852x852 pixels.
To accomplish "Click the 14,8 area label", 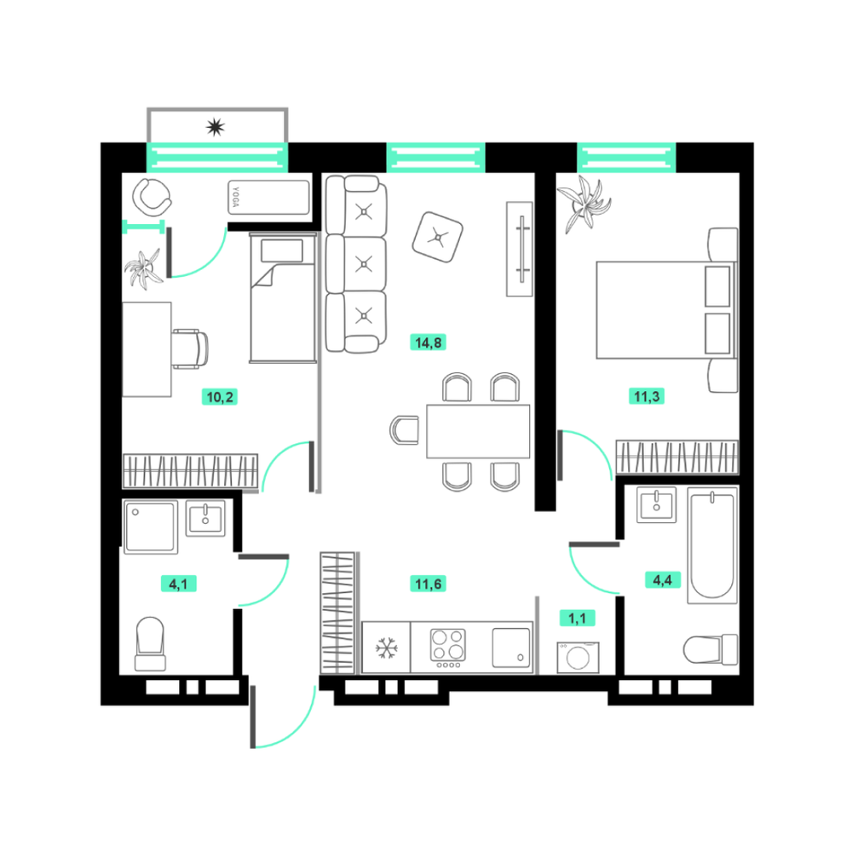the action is click(429, 343).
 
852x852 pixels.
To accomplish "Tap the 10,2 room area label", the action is click(220, 397).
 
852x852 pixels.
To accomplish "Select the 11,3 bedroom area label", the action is click(647, 396).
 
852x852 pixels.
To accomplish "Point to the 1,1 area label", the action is click(577, 618).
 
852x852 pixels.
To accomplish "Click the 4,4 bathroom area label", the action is click(662, 579).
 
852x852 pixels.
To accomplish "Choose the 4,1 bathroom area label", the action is click(178, 584).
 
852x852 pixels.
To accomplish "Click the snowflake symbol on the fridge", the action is click(386, 648).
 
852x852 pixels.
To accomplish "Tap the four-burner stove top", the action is click(448, 648).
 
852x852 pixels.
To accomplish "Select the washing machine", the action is click(578, 658).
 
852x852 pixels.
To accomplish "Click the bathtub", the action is click(712, 545).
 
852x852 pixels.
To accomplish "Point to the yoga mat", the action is click(268, 198).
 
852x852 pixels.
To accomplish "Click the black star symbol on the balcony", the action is click(216, 127).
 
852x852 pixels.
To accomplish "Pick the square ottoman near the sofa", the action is click(437, 237).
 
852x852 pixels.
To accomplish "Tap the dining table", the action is click(478, 431).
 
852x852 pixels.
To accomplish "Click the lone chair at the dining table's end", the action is click(404, 430).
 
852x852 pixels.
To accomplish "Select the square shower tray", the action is click(151, 527).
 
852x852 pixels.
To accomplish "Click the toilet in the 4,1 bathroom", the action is click(150, 644).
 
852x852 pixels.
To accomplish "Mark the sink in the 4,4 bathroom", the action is click(656, 504).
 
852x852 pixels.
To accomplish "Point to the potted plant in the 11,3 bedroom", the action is click(584, 204).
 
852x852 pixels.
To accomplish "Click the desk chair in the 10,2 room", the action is click(190, 348).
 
